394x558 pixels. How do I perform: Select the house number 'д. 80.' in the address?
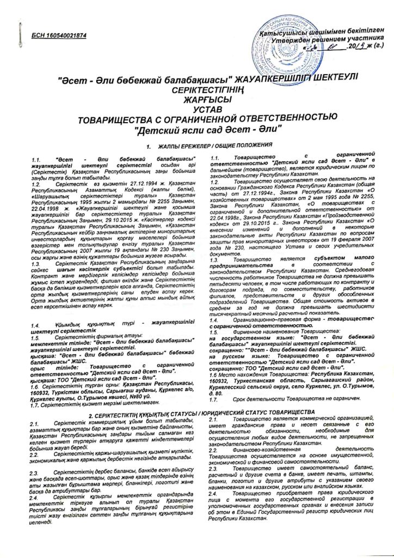pos(217,377)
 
